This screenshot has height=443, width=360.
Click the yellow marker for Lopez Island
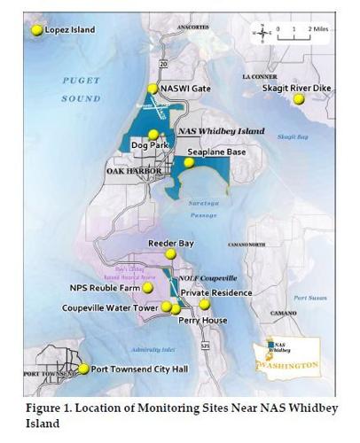point(37,30)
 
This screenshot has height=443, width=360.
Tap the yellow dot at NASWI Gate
point(153,89)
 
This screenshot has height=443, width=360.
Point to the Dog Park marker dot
point(153,134)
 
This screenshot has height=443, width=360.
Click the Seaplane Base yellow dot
point(188,163)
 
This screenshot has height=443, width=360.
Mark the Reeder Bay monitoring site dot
point(170,254)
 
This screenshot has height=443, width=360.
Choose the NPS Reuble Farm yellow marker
point(148,288)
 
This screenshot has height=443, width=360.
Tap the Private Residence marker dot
point(205,304)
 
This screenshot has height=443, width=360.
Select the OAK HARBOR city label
point(134,171)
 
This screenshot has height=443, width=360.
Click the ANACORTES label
point(192,28)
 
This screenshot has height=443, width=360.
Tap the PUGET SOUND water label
point(81,89)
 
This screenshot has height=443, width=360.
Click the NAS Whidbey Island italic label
point(222,131)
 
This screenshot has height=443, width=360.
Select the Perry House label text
point(203,321)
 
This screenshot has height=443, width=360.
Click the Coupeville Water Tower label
point(110,307)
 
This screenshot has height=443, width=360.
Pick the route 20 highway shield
point(164,65)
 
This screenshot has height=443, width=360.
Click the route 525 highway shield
point(204,345)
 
